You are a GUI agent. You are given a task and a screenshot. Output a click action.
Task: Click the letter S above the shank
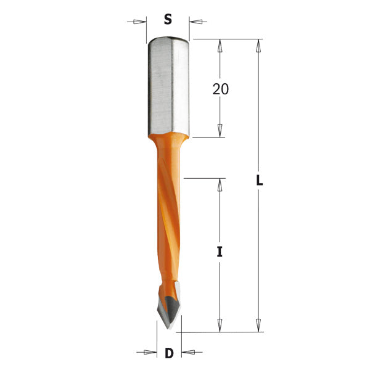168,20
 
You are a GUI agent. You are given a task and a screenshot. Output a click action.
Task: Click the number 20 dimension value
220,89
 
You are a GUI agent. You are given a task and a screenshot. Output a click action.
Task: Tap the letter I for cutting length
220,252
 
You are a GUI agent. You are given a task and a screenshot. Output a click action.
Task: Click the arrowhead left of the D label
149,353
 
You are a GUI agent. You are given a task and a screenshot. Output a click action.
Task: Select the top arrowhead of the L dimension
260,45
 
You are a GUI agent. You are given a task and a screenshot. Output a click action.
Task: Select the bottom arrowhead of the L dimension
260,326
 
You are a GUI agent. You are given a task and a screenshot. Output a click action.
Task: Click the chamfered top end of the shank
168,40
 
